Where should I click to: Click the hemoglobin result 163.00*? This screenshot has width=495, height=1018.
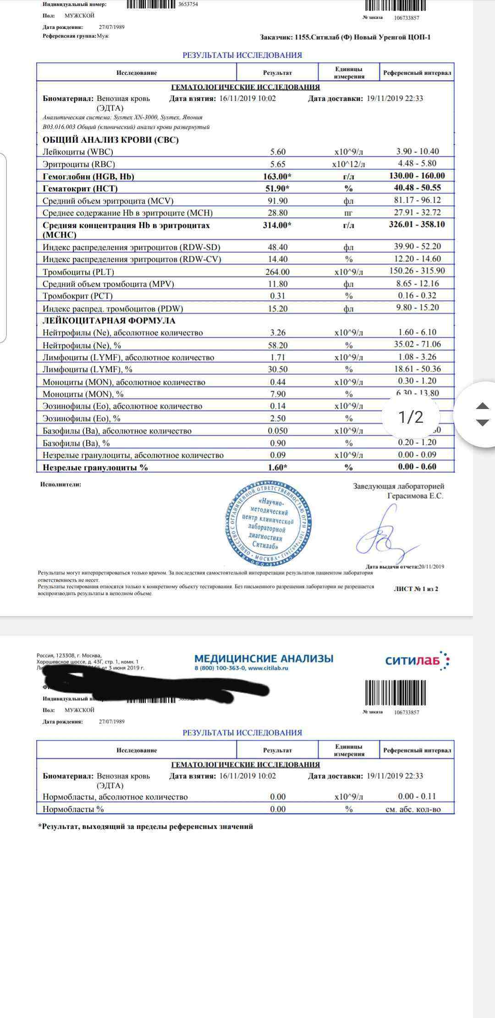278,177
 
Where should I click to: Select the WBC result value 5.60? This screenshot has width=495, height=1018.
278,152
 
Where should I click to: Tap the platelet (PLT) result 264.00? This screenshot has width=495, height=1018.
278,272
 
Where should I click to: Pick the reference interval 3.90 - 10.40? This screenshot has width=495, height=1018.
417,151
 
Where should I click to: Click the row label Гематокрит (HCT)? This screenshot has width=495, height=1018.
80,188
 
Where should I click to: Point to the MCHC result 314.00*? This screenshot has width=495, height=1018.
278,225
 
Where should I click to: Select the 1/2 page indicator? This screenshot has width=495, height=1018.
411,417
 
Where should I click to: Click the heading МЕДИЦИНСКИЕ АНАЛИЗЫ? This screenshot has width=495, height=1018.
264,658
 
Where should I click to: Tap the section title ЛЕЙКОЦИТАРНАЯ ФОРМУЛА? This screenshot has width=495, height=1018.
109,321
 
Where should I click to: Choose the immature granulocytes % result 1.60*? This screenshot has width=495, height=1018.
278,467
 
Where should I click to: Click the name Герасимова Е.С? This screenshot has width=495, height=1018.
415,496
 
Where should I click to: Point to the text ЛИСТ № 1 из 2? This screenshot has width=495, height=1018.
416,589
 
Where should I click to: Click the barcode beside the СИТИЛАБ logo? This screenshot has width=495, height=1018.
395,692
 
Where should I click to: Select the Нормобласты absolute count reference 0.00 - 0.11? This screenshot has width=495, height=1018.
417,797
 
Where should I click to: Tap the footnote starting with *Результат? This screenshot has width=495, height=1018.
145,826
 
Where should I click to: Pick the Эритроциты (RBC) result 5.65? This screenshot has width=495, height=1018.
278,164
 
